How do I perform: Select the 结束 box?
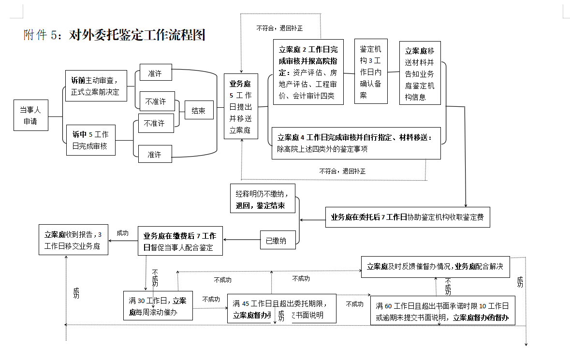199,111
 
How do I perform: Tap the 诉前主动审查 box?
96,86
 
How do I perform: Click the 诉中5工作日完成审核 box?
91,140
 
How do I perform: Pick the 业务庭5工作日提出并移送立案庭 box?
241,106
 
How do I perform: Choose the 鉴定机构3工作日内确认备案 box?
371,72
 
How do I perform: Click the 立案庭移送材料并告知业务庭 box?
420,72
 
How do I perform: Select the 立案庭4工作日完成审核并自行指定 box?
356,143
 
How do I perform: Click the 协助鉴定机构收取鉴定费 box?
408,217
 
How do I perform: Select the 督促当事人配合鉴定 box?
180,241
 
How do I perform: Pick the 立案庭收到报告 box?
73,240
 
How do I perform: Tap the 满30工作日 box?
158,305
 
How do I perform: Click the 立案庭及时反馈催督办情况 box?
436,266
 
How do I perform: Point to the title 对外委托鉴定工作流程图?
137,35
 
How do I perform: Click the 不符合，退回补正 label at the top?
279,29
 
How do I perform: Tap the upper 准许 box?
155,74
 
